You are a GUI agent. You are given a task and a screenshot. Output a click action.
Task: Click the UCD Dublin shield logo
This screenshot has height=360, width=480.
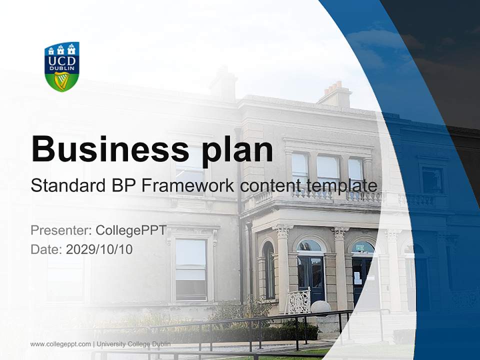coord(62,66)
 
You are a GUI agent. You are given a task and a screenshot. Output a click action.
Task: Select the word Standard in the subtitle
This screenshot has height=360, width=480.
coord(67,186)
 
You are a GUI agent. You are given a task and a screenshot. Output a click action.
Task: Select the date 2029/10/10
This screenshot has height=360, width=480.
coord(99,249)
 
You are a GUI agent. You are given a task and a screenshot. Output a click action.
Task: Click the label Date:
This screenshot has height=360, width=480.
coord(46,249)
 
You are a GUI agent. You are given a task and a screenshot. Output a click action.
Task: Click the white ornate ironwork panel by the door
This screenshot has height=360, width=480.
coord(298,302)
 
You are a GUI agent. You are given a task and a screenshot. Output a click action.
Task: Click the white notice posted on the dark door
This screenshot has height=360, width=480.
coord(357,278)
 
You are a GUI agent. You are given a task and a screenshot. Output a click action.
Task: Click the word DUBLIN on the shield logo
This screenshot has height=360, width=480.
coord(62,68)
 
